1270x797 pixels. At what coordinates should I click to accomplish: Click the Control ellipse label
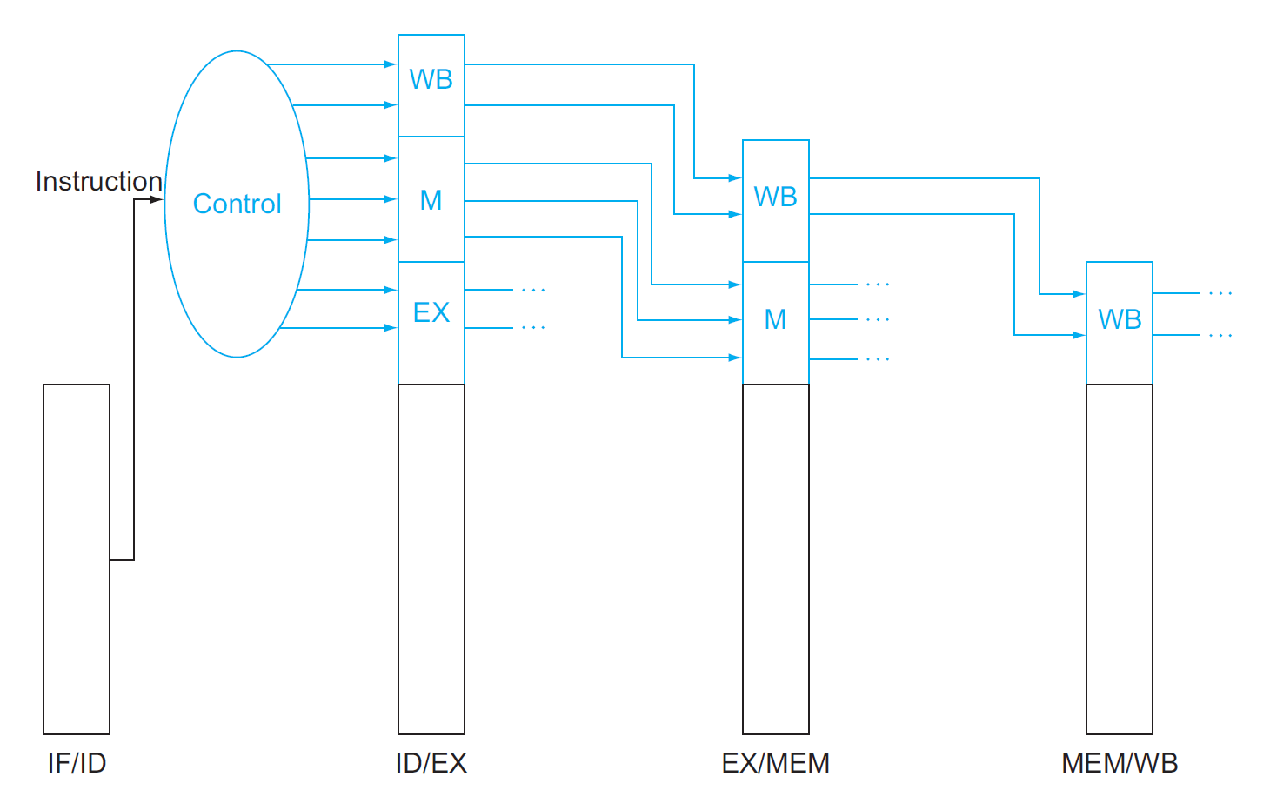237,204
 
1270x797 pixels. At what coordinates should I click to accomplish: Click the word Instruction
98,181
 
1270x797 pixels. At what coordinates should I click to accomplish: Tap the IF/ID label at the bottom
77,763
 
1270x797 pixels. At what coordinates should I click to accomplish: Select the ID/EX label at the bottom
431,763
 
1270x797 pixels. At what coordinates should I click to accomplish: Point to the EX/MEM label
775,763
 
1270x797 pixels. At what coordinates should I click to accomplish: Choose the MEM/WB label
1120,763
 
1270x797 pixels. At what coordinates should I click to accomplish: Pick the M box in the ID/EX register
431,199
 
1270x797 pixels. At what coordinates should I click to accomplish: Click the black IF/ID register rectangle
77,559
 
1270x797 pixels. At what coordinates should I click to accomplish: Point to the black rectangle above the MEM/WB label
1120,559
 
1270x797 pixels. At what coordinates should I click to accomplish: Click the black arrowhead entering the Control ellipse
157,199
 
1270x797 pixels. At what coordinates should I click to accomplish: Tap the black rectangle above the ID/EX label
431,559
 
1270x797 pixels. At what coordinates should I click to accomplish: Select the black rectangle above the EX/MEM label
776,559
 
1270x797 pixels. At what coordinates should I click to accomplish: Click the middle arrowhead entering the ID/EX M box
391,199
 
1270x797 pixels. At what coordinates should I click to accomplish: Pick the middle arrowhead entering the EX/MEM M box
735,320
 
